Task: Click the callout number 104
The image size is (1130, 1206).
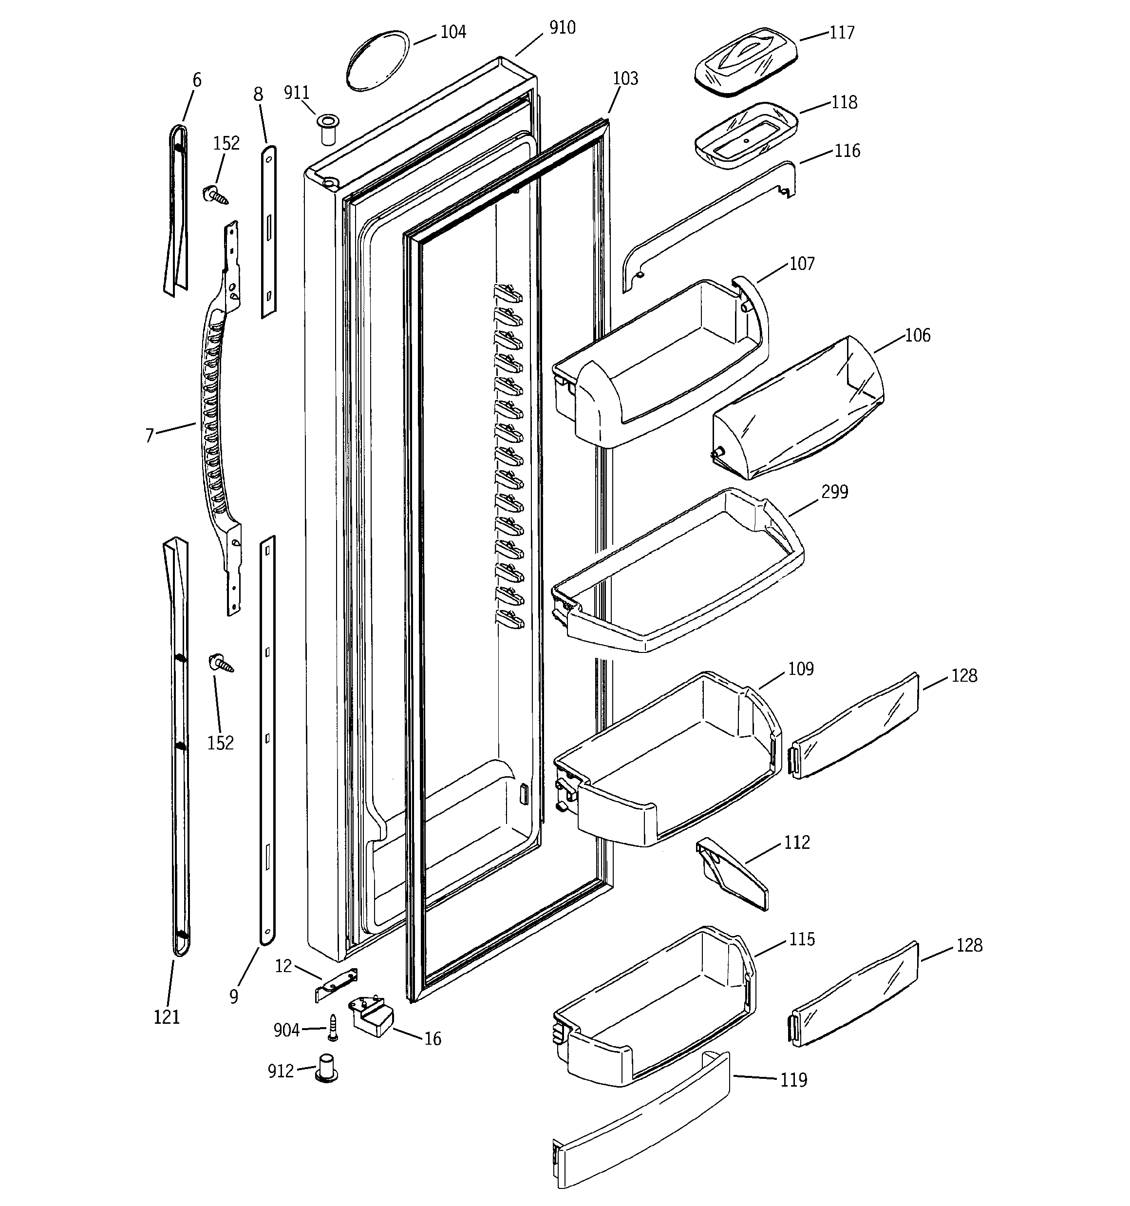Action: [x=452, y=32]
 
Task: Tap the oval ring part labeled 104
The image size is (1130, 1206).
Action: [x=378, y=60]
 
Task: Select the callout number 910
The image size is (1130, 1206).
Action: [x=562, y=28]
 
